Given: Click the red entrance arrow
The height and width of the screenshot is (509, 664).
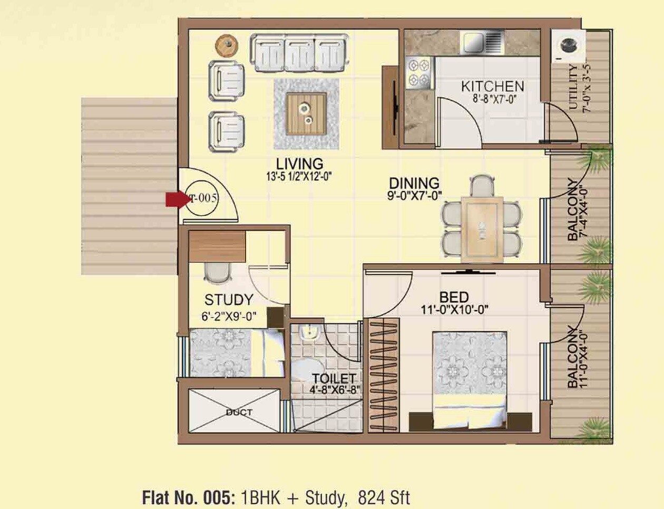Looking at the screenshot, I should click(175, 199).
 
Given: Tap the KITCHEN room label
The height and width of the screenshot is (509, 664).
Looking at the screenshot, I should click(492, 87).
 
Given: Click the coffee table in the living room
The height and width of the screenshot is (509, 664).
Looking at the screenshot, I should click(306, 113).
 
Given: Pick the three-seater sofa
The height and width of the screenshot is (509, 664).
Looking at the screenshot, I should click(299, 53).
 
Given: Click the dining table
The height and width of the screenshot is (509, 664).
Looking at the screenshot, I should click(482, 229).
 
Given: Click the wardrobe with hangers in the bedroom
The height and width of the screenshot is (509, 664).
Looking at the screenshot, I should click(383, 375).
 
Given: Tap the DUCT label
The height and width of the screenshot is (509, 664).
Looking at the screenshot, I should click(239, 412).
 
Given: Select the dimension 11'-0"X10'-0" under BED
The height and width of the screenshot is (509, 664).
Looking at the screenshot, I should click(454, 310).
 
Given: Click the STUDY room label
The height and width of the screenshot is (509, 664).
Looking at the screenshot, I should click(228, 300).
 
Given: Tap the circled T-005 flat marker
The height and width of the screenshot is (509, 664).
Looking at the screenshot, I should click(203, 198).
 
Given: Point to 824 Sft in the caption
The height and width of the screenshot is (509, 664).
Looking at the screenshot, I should click(384, 497).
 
